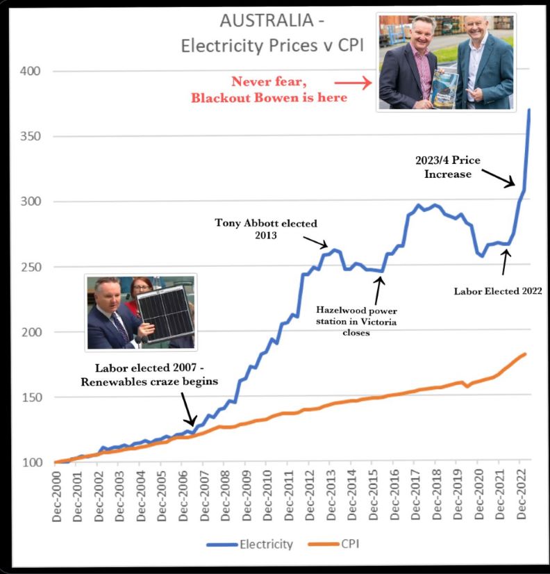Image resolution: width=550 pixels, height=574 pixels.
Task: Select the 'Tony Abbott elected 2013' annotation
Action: click(x=267, y=230)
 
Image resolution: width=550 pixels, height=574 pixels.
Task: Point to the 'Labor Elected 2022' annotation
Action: click(x=498, y=292)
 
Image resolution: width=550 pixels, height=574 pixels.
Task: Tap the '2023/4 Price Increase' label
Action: click(x=449, y=167)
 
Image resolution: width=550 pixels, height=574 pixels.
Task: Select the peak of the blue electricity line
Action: click(x=529, y=109)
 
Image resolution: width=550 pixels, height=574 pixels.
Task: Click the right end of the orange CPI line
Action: click(x=526, y=354)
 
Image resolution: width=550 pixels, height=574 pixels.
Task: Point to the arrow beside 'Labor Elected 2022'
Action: click(x=506, y=263)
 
